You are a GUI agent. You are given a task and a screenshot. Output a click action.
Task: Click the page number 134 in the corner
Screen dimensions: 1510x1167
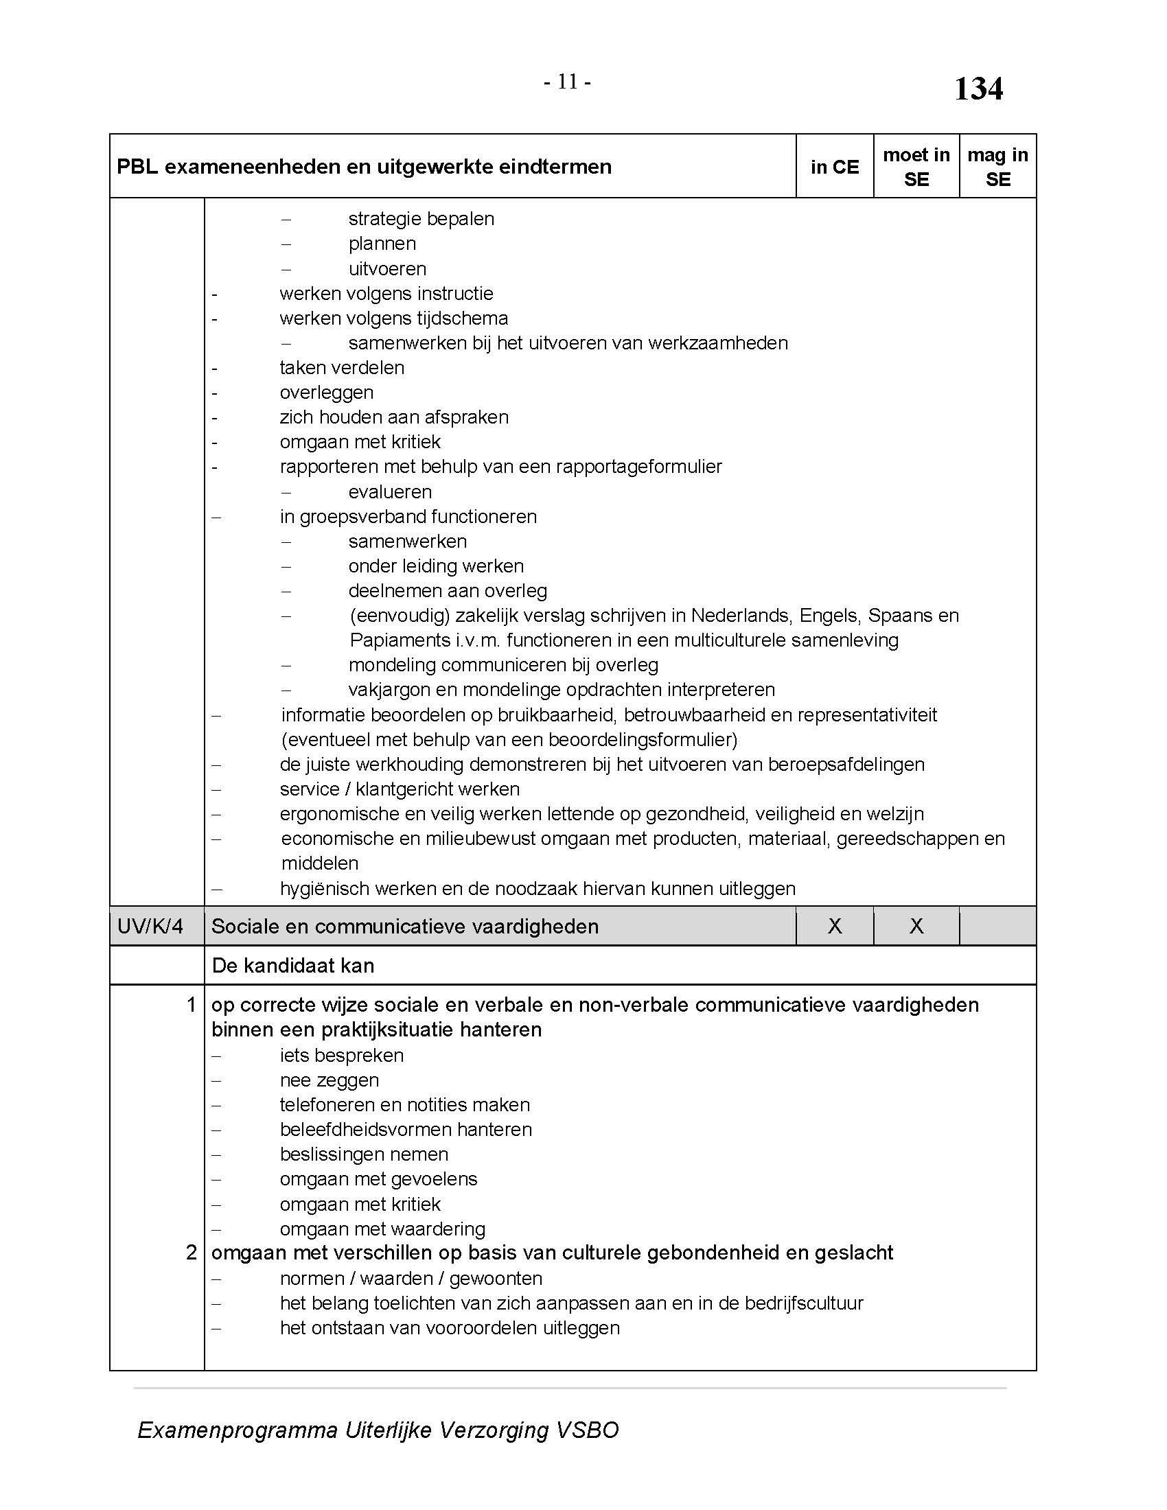tap(978, 89)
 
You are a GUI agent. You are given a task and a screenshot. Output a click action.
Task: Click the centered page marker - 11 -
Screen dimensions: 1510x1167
tap(567, 82)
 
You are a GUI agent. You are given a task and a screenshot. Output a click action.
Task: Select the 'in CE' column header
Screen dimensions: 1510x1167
tap(835, 167)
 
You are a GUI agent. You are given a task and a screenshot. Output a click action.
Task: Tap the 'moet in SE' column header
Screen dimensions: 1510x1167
tap(916, 167)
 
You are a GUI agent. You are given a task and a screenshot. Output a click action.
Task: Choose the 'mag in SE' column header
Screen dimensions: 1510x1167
tap(997, 167)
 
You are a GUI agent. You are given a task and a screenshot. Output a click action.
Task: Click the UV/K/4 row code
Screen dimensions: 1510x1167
tap(150, 926)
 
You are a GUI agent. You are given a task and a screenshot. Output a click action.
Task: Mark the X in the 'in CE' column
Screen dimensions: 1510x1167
tap(835, 926)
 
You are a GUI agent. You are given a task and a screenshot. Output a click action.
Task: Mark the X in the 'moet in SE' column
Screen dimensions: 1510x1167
tap(916, 926)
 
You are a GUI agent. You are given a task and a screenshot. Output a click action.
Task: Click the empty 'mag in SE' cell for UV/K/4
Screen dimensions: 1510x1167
tap(997, 926)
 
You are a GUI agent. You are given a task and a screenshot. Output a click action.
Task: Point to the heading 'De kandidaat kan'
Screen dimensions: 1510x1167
tap(292, 965)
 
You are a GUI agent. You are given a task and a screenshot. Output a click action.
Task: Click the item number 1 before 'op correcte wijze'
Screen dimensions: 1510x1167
tap(192, 1005)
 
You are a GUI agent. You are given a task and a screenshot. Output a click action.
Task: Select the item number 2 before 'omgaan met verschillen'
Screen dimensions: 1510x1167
tap(192, 1252)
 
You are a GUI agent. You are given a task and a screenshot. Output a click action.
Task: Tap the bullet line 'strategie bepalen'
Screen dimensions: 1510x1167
tap(421, 219)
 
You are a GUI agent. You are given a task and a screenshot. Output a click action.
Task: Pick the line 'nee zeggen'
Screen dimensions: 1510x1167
tap(329, 1080)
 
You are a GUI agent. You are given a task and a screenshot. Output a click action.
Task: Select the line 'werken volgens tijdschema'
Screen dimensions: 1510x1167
tap(393, 318)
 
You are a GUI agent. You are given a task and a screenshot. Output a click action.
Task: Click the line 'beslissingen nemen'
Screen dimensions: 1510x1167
tap(364, 1154)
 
